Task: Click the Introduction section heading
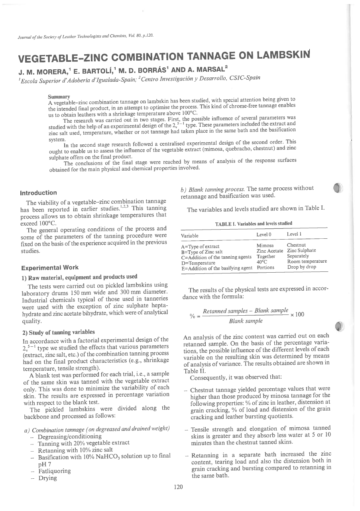[38, 193]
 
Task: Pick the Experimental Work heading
[49, 267]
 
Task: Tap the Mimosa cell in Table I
[265, 245]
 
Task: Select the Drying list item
[47, 478]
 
